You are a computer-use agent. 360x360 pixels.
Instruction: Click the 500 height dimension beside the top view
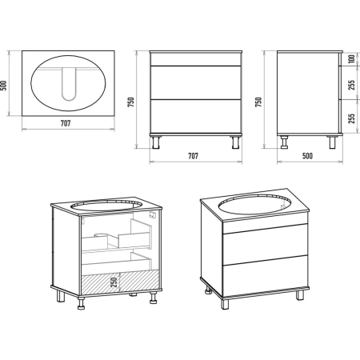[x=3, y=86]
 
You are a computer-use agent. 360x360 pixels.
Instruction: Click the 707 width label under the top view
[x=66, y=123]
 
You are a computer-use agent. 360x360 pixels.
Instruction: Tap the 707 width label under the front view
[x=193, y=156]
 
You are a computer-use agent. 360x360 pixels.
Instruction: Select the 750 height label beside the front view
[x=131, y=102]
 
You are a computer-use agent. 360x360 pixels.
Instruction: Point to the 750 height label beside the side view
[x=258, y=102]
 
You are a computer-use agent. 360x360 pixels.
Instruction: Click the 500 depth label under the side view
[x=307, y=156]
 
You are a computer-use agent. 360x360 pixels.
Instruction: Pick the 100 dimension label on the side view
[x=352, y=58]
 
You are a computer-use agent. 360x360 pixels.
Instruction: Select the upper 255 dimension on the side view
[x=352, y=85]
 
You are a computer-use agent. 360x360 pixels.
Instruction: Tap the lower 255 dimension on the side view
[x=352, y=118]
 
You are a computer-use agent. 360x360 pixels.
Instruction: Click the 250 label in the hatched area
[x=114, y=282]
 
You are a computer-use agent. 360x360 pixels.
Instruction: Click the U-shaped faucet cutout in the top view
[x=69, y=84]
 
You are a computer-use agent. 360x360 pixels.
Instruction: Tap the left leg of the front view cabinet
[x=156, y=142]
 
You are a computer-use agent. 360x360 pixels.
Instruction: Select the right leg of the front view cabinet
[x=235, y=142]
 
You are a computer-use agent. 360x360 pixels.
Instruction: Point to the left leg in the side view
[x=284, y=142]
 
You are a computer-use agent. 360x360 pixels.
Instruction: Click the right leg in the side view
[x=332, y=142]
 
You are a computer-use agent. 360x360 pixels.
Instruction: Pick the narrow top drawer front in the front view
[x=196, y=59]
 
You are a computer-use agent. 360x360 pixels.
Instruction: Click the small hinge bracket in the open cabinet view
[x=152, y=215]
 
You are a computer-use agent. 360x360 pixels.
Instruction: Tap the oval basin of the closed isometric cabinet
[x=254, y=204]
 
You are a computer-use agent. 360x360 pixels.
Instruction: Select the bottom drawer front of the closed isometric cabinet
[x=266, y=276]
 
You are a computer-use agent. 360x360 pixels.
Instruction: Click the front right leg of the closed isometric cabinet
[x=300, y=295]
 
